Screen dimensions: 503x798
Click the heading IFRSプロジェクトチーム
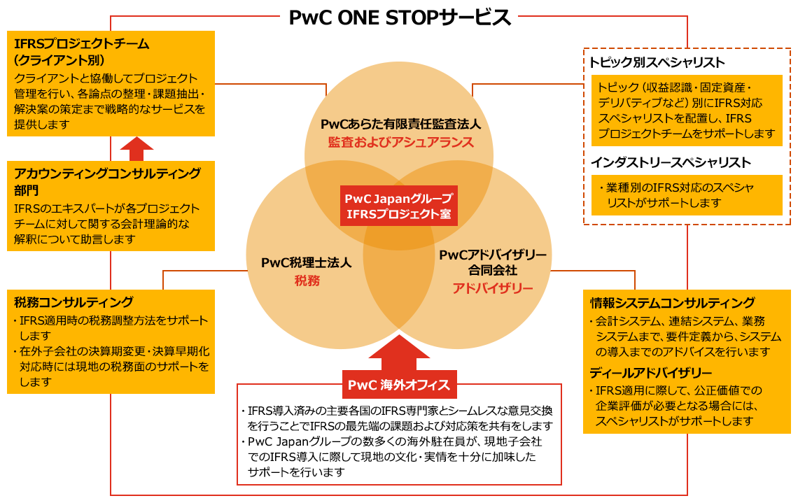point(81,44)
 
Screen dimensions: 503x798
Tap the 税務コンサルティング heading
point(73,302)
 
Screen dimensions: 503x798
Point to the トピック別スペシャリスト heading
point(656,62)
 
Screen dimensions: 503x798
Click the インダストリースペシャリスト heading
point(670,162)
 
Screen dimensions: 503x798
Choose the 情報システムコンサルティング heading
point(672,303)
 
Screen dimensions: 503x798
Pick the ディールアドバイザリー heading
point(650,372)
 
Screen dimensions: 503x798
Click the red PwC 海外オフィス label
point(398,385)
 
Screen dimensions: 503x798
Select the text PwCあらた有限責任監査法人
point(400,125)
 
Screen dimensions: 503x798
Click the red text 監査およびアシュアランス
point(400,142)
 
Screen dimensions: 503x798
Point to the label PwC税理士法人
point(306,264)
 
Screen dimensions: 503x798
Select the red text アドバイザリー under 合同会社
point(492,288)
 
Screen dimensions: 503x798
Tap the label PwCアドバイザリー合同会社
point(492,262)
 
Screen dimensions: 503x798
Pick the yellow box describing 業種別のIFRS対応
point(685,195)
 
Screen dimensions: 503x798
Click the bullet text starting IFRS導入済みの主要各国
point(400,418)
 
